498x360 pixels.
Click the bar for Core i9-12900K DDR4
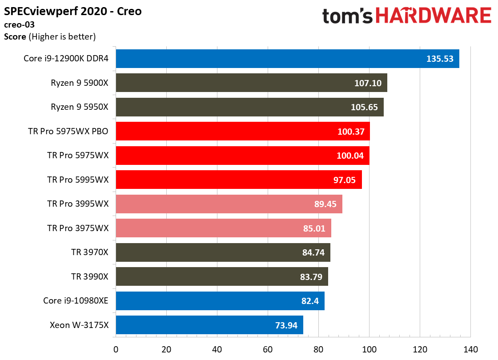287,59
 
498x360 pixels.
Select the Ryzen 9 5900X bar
251,83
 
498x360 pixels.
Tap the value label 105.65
363,107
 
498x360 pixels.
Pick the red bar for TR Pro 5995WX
239,180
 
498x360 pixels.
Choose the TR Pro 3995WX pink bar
229,204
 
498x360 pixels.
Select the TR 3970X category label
90,252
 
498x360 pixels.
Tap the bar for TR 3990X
221,276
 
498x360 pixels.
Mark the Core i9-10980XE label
76,301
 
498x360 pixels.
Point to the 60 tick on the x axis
268,349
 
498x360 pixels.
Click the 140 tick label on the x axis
470,349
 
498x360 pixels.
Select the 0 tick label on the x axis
116,349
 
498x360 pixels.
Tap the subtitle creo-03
19,25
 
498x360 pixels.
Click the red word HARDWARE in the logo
433,16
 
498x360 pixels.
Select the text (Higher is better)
62,37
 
